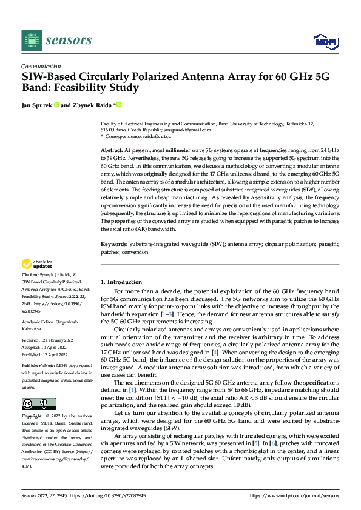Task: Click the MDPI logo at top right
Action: coord(324,41)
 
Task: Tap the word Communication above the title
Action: coord(41,67)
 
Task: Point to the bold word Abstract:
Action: coord(111,149)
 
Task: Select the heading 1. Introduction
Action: coord(121,282)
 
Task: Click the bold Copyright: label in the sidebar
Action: coord(32,417)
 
